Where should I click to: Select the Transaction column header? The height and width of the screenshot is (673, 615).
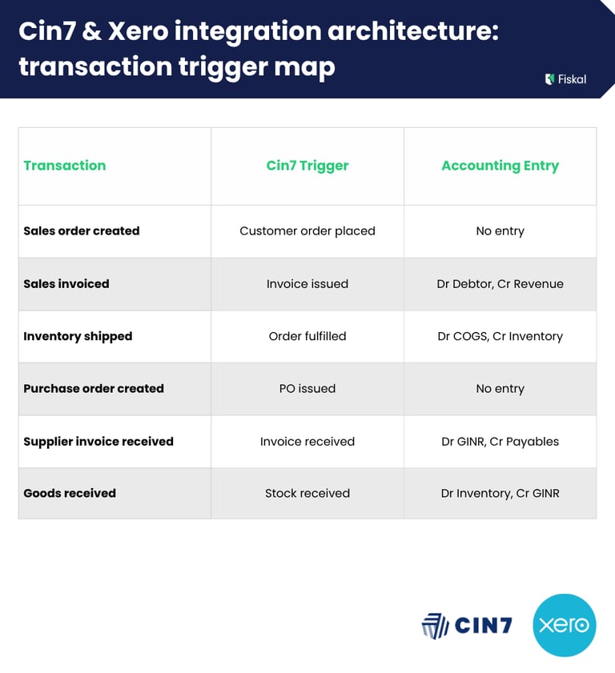click(x=65, y=166)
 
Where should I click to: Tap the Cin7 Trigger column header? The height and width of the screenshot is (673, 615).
click(x=307, y=166)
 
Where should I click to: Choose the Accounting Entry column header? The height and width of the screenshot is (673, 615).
click(x=500, y=166)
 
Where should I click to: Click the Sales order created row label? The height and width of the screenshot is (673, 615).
click(x=82, y=231)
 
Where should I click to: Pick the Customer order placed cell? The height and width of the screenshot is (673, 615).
click(x=307, y=231)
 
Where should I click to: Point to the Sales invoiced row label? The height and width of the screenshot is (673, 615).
click(x=66, y=284)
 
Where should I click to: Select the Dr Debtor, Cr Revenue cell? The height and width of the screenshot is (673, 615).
click(x=500, y=284)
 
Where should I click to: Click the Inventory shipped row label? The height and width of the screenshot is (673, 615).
click(x=78, y=336)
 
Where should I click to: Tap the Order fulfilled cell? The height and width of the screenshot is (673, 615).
click(x=307, y=336)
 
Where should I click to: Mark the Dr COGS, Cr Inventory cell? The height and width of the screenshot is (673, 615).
click(x=500, y=336)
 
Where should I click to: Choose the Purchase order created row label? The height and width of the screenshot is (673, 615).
click(x=94, y=389)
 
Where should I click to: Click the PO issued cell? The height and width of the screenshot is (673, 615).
click(x=307, y=389)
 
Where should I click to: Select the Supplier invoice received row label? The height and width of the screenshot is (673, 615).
click(x=98, y=442)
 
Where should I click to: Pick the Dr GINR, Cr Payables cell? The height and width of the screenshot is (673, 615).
click(x=500, y=442)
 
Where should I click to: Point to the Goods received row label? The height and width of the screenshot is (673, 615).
click(x=70, y=494)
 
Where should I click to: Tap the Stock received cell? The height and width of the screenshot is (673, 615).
click(x=307, y=494)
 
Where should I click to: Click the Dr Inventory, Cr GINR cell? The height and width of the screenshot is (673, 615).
click(x=500, y=494)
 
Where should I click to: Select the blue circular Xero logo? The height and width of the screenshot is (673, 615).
click(x=565, y=625)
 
